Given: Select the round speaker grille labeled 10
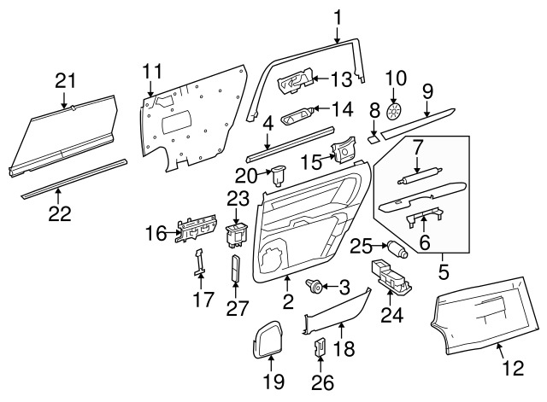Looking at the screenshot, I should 394,111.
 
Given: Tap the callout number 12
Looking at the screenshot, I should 512,370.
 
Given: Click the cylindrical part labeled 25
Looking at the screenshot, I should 397,250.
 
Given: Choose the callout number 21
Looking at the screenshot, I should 66,80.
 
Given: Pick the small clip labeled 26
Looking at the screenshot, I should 322,347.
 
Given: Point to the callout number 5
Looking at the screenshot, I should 444,276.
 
